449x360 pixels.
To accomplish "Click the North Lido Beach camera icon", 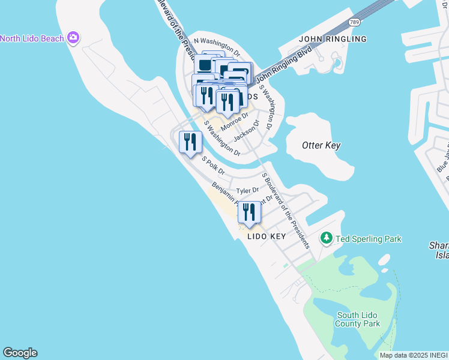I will (x=73, y=38).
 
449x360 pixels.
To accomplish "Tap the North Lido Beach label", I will (x=32, y=39).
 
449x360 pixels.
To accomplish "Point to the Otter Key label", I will (x=321, y=145).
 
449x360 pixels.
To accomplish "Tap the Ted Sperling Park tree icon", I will (x=327, y=239).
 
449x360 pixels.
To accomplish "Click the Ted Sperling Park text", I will (x=369, y=239).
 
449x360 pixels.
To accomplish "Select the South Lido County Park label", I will (x=358, y=319).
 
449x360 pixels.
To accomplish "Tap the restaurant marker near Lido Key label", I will (x=249, y=212).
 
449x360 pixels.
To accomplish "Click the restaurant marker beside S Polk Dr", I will (x=190, y=142).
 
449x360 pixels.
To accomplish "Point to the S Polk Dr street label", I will (x=213, y=166).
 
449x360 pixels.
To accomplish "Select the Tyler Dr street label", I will (x=247, y=191).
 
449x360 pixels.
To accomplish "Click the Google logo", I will (x=20, y=353).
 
